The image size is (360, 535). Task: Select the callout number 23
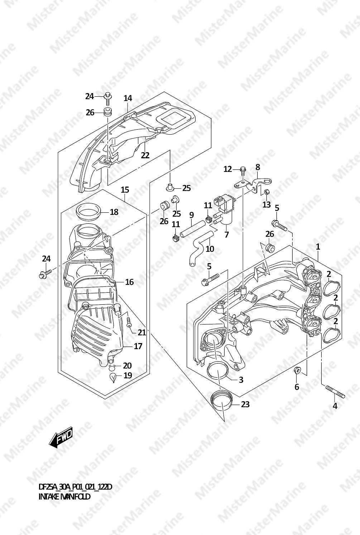(x=245, y=404)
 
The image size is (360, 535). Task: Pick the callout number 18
(x=114, y=212)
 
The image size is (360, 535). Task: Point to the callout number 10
(x=210, y=249)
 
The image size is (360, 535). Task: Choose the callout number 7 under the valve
(x=226, y=235)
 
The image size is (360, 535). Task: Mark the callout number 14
(x=128, y=98)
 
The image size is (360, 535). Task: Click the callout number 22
(x=145, y=155)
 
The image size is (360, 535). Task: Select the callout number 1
(x=318, y=247)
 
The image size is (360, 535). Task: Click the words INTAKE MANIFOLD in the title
(x=64, y=497)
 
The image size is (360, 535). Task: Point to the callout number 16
(x=129, y=282)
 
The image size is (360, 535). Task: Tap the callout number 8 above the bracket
(x=258, y=168)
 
